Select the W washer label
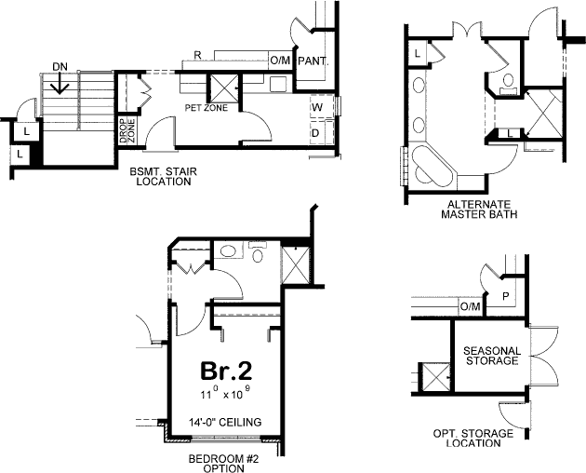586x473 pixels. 317,107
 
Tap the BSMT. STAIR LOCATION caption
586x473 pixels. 161,177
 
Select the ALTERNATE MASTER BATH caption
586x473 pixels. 481,209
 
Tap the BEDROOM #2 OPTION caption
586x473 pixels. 216,463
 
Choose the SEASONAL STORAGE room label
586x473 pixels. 490,355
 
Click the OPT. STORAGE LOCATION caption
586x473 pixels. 473,439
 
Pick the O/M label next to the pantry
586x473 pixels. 280,61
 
